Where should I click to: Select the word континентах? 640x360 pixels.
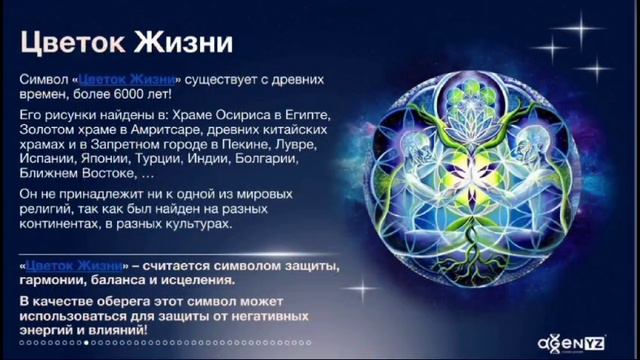66,225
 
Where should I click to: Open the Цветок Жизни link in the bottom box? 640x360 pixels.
75,266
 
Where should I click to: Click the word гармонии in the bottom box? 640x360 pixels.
56,281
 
